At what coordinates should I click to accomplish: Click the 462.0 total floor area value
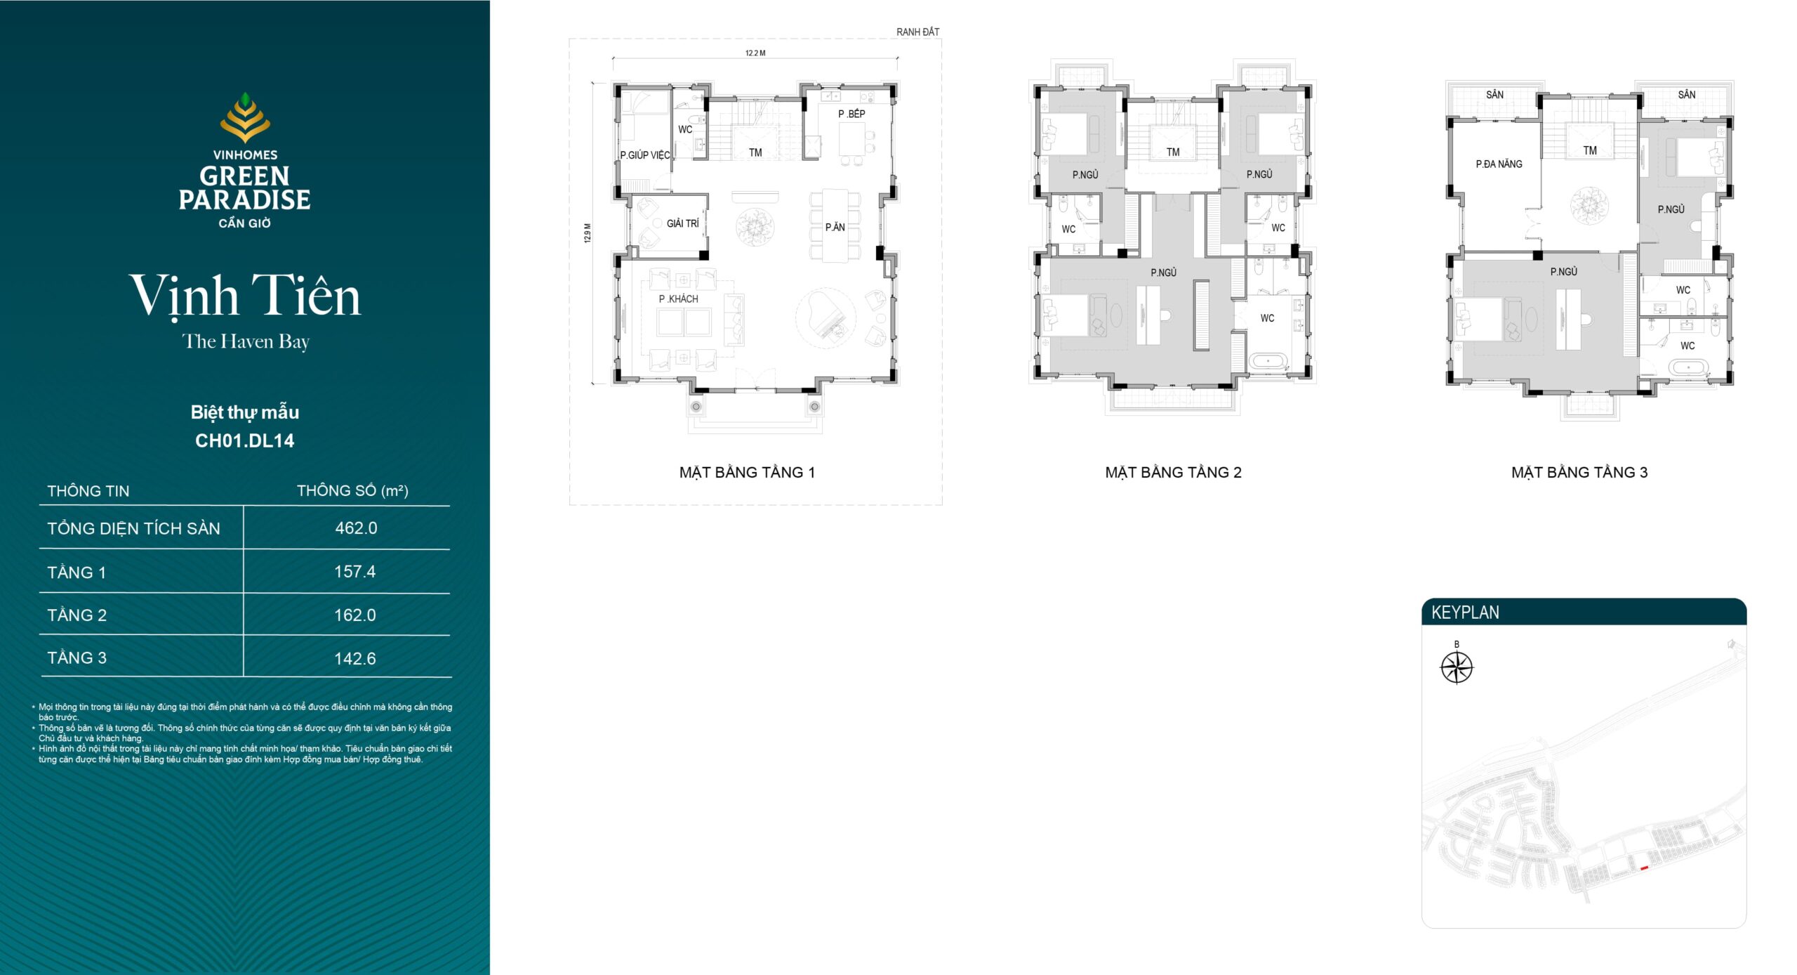pos(356,528)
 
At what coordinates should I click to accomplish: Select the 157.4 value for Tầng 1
pos(355,572)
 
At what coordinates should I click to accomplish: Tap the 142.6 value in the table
pos(355,659)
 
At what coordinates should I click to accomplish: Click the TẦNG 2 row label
pos(77,615)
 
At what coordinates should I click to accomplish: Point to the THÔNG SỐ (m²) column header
pos(352,490)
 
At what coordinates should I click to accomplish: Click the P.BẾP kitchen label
pos(851,114)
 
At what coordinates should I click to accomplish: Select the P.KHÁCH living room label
pos(678,299)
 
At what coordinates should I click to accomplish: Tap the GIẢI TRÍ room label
pos(683,223)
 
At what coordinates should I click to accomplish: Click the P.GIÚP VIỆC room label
pos(645,155)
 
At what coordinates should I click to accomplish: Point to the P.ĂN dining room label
pos(835,227)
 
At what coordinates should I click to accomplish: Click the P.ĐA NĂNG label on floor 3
pos(1499,164)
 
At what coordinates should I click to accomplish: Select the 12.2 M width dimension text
pos(755,53)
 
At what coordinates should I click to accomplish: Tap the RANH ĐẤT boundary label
pos(917,32)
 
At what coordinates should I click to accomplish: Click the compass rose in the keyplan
pos(1457,667)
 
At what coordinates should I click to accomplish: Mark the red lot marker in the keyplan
pos(1644,868)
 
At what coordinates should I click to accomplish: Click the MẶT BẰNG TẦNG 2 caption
pos(1173,472)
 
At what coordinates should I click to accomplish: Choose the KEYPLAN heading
pos(1465,613)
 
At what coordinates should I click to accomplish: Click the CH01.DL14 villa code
pos(244,441)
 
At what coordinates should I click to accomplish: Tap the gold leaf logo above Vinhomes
pos(245,117)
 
